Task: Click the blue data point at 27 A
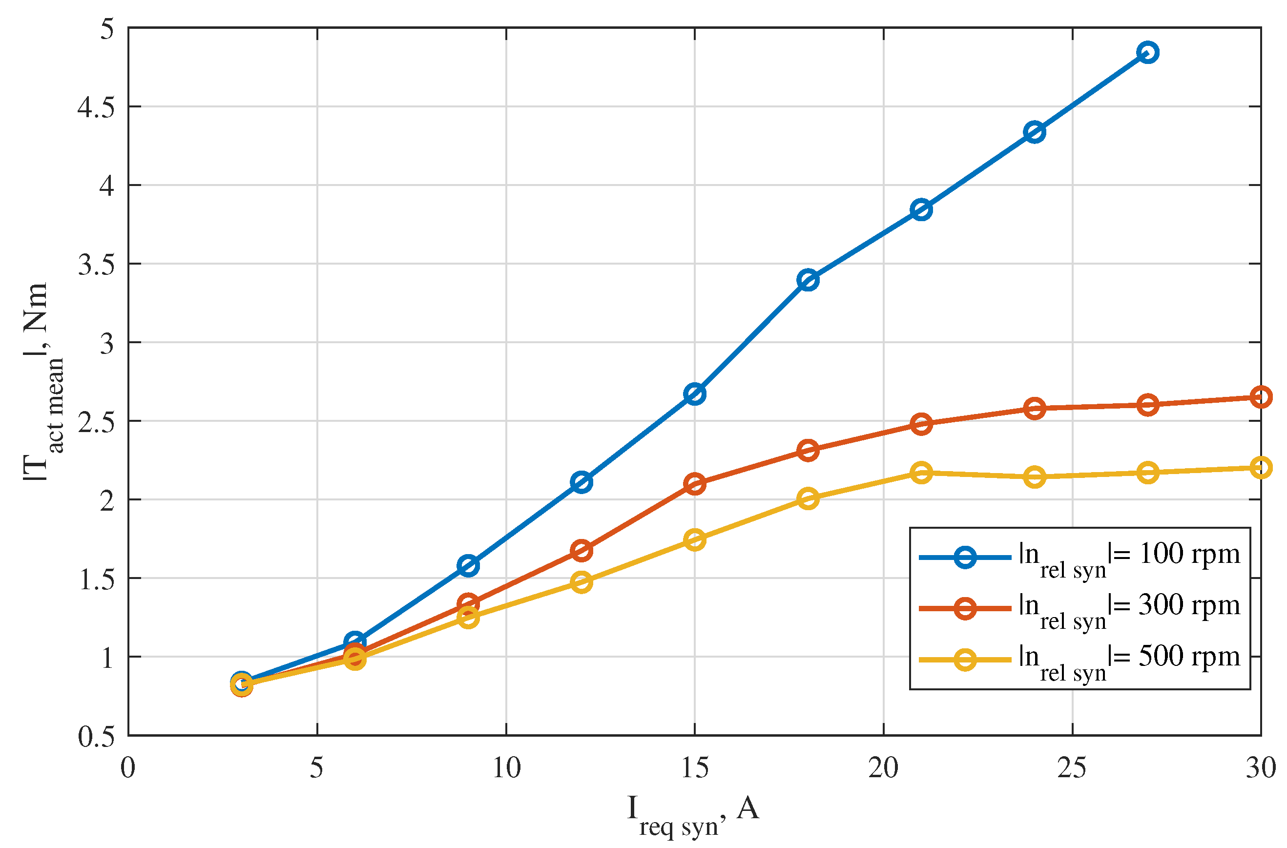click(1147, 52)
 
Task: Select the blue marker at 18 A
click(808, 280)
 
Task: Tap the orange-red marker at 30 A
click(1261, 397)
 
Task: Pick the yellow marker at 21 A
click(921, 473)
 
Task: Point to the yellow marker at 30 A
click(1261, 467)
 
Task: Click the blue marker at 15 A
click(694, 394)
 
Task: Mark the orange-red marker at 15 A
click(694, 483)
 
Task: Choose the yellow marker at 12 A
click(581, 582)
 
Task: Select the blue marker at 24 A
click(1034, 132)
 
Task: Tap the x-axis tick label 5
click(316, 768)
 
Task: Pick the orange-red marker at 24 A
click(1034, 408)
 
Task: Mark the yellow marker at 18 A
click(808, 498)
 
